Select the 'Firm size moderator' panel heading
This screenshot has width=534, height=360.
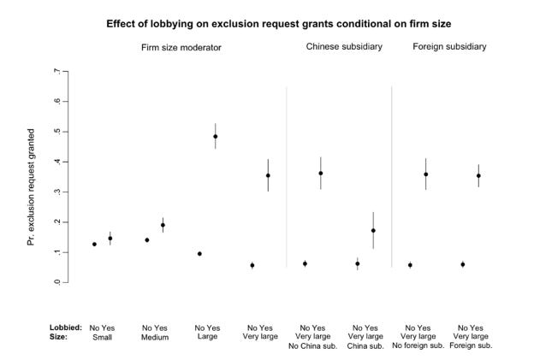click(181, 47)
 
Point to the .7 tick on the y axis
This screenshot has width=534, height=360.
click(56, 71)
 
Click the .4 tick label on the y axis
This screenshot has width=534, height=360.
click(56, 162)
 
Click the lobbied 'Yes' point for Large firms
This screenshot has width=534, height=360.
click(216, 136)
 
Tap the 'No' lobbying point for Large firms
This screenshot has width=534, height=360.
click(199, 254)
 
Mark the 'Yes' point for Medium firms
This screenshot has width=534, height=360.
click(163, 226)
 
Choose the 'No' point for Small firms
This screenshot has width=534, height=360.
click(94, 245)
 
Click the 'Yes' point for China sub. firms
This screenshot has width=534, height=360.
click(373, 231)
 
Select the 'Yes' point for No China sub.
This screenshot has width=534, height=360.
click(321, 174)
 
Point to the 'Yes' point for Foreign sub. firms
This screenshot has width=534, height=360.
click(478, 176)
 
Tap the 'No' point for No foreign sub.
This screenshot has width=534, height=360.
click(410, 265)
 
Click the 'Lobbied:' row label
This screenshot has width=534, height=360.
click(65, 328)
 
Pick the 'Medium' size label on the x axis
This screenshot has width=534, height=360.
click(155, 337)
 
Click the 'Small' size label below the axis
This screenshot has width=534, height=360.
click(102, 337)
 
